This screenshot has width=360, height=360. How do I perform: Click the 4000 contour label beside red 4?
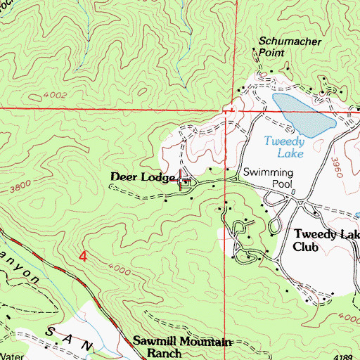122,269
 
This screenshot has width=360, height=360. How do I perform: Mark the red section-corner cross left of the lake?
227,110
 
